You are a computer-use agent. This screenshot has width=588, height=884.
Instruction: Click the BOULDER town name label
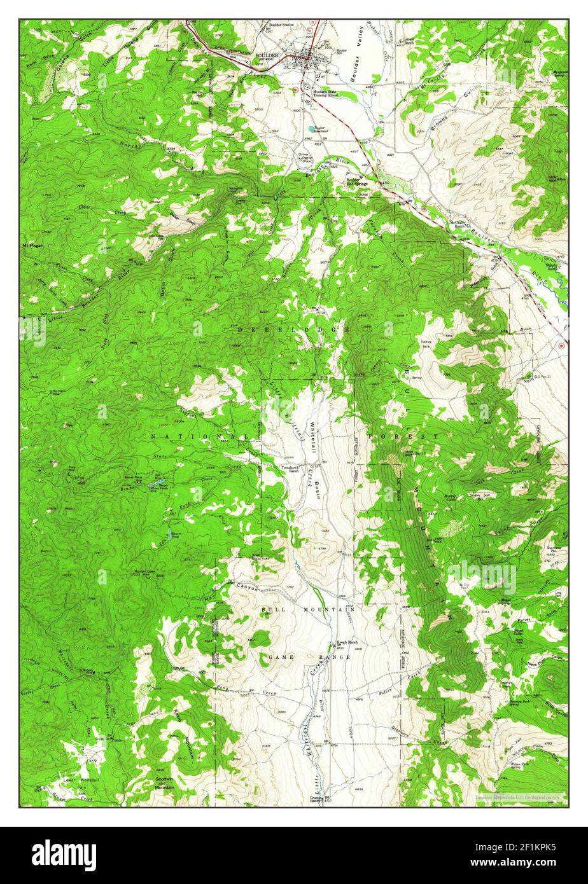(x=267, y=56)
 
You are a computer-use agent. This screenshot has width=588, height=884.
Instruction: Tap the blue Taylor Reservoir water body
(x=311, y=128)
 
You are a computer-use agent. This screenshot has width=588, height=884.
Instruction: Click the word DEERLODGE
(x=293, y=329)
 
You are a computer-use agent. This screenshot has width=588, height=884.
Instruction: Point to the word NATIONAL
(x=199, y=437)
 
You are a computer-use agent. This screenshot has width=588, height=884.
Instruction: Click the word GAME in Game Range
(x=280, y=656)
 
